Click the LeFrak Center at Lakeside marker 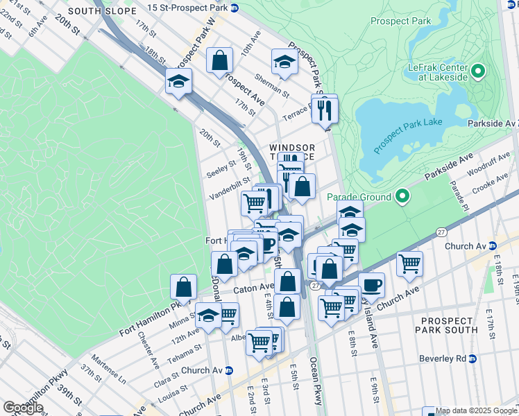477,71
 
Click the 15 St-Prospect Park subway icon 235,8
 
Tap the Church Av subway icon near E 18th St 494,246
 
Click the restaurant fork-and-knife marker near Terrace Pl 324,109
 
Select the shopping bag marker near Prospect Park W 220,60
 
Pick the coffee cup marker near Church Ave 372,285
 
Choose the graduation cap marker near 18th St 178,82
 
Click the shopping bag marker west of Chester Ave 183,286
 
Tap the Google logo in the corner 23,408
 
